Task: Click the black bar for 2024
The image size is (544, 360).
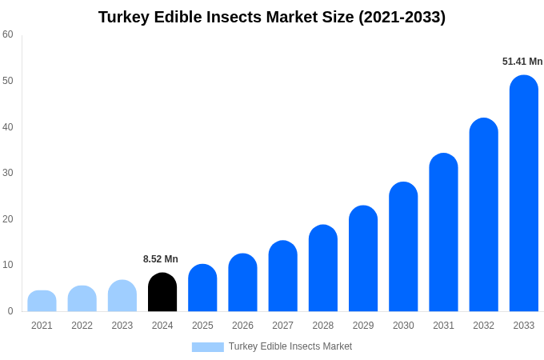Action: tap(162, 293)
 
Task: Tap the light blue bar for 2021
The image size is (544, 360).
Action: tap(42, 302)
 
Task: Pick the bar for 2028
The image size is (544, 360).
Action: tap(322, 269)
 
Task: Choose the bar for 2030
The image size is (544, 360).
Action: tap(403, 247)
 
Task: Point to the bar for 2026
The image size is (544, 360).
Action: tap(242, 283)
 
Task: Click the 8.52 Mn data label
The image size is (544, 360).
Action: tap(161, 259)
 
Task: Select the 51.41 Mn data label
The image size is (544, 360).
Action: tap(522, 62)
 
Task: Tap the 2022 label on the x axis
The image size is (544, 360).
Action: tap(82, 326)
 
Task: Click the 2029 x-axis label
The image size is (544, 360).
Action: tap(362, 326)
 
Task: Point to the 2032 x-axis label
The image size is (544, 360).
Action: tap(483, 326)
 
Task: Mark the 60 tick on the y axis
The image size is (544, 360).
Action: tap(8, 34)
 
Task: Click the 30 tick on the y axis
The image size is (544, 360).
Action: tap(8, 173)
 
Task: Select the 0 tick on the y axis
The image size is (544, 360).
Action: tap(10, 311)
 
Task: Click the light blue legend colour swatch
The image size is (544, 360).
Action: tap(207, 347)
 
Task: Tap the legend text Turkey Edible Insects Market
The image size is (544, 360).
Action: tap(290, 346)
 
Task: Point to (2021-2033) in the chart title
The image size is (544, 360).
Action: tap(402, 17)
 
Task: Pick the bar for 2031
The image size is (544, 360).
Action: tap(443, 233)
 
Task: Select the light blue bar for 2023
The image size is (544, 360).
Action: tap(122, 296)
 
